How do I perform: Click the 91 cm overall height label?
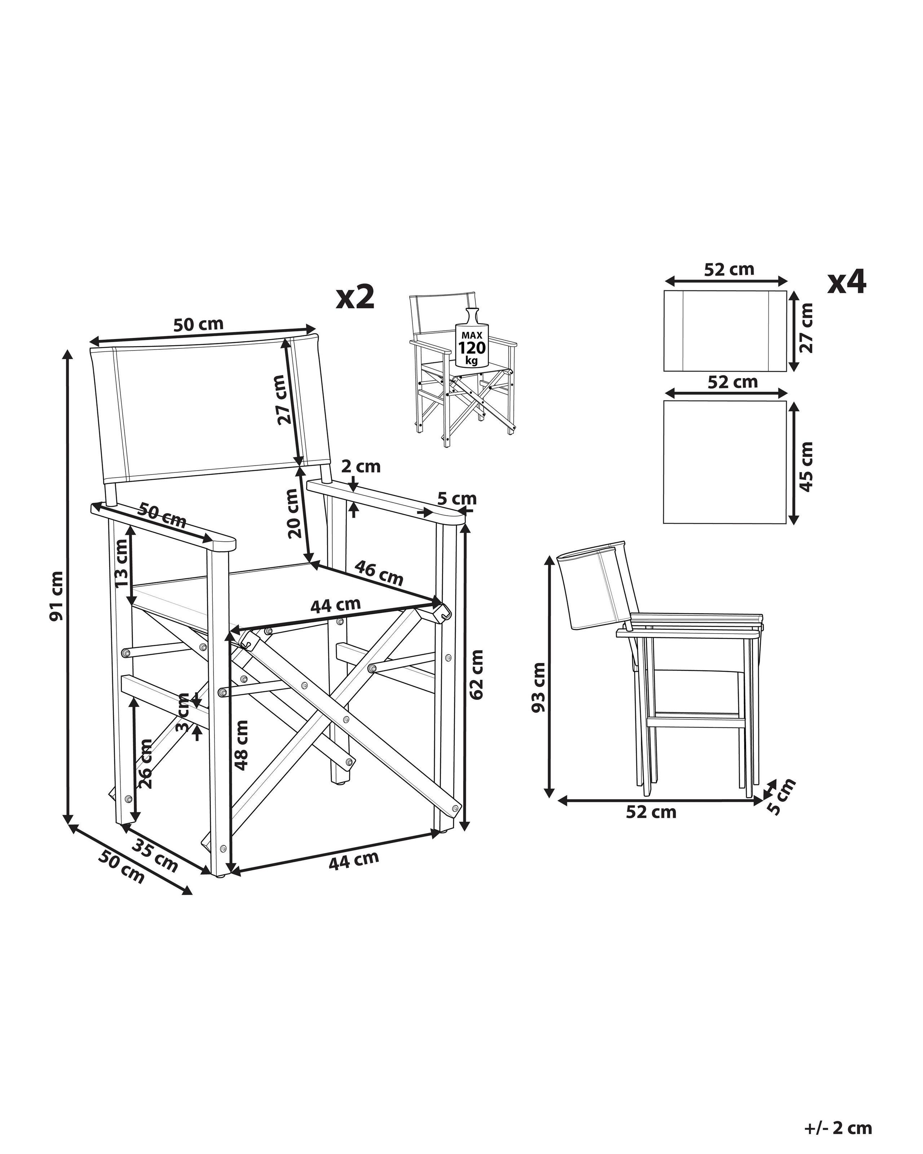[x=57, y=596]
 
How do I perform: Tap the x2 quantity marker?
[x=355, y=297]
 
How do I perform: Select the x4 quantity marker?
[x=847, y=282]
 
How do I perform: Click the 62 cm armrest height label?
[x=477, y=674]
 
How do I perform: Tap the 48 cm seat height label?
[x=242, y=745]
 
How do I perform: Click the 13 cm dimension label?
[x=122, y=562]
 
